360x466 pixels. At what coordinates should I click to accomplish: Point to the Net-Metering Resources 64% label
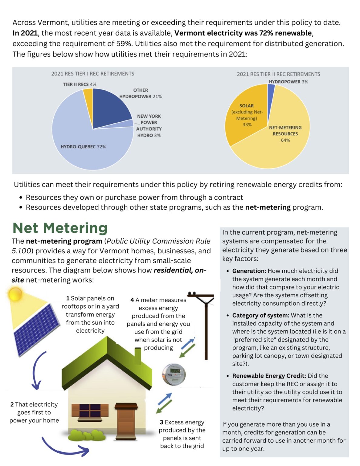click(x=285, y=134)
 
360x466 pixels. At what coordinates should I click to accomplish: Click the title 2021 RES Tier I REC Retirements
click(x=93, y=74)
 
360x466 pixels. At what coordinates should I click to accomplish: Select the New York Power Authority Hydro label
click(x=149, y=126)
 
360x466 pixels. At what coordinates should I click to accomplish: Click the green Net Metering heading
click(x=60, y=228)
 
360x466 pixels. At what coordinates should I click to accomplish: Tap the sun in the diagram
click(x=15, y=294)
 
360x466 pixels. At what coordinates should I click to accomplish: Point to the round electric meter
click(x=173, y=374)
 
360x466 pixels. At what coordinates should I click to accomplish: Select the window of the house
click(x=90, y=410)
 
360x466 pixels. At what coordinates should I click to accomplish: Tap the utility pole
click(x=206, y=325)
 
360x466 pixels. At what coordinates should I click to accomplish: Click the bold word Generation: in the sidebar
click(x=249, y=271)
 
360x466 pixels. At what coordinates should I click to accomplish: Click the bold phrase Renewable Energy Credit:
click(x=269, y=376)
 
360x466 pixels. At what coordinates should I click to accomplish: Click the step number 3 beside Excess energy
click(x=162, y=422)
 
